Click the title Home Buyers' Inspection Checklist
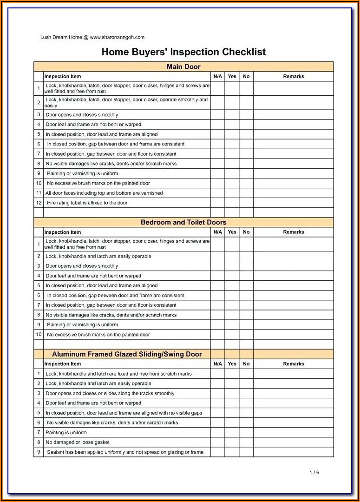[183, 52]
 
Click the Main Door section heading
[183, 67]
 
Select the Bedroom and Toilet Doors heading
[183, 223]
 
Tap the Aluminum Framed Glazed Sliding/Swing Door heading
[127, 354]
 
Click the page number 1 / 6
[314, 473]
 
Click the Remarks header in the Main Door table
[294, 77]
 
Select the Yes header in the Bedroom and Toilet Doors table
[232, 232]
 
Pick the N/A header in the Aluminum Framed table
[218, 364]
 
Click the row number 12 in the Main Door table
[39, 203]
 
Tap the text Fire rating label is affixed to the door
[87, 203]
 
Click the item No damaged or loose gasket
[78, 443]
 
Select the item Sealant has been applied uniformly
[125, 452]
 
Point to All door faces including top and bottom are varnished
[104, 193]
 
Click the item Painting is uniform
[66, 433]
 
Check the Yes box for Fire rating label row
[232, 203]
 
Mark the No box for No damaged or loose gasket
[246, 443]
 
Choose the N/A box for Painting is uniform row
[218, 433]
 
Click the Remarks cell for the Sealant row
[294, 452]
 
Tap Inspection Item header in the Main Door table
[63, 77]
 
